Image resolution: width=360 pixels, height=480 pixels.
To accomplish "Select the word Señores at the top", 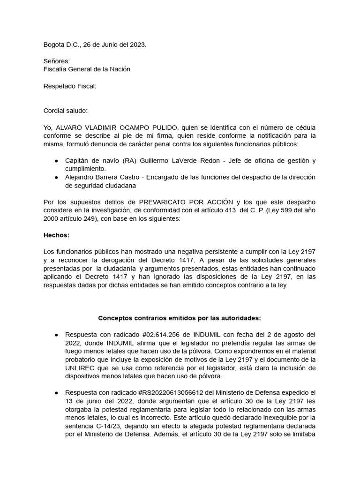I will pyautogui.click(x=57, y=61).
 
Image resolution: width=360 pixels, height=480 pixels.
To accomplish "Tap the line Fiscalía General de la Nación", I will pyautogui.click(x=87, y=69).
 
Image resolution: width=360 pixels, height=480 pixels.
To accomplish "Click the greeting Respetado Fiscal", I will pyautogui.click(x=70, y=86).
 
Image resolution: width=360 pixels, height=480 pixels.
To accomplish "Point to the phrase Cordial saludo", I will pyautogui.click(x=65, y=111).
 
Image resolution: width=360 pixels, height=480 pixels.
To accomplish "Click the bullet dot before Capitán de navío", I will pyautogui.click(x=56, y=161).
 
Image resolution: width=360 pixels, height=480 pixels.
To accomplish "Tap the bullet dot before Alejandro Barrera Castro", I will pyautogui.click(x=56, y=177).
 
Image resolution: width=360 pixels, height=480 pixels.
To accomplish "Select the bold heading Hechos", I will pyautogui.click(x=56, y=235).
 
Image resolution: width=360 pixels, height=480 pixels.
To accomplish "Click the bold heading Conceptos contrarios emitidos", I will pyautogui.click(x=180, y=318).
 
